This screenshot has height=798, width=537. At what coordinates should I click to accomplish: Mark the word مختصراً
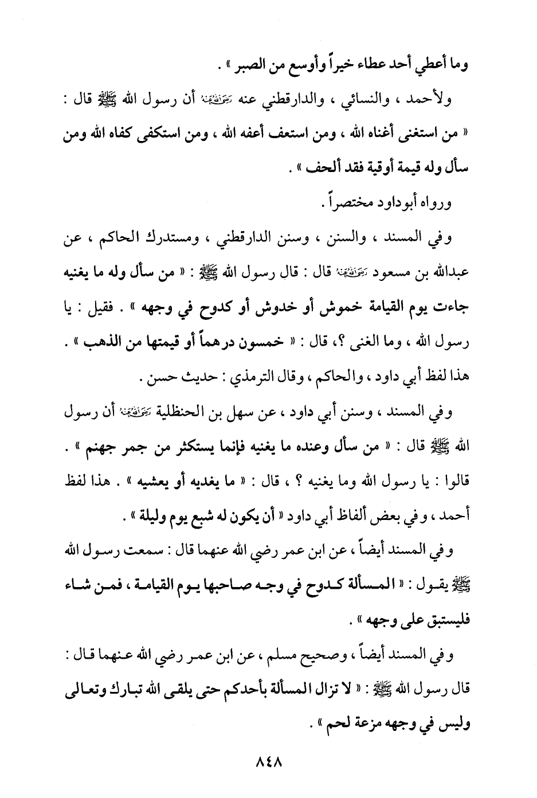pyautogui.click(x=340, y=203)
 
